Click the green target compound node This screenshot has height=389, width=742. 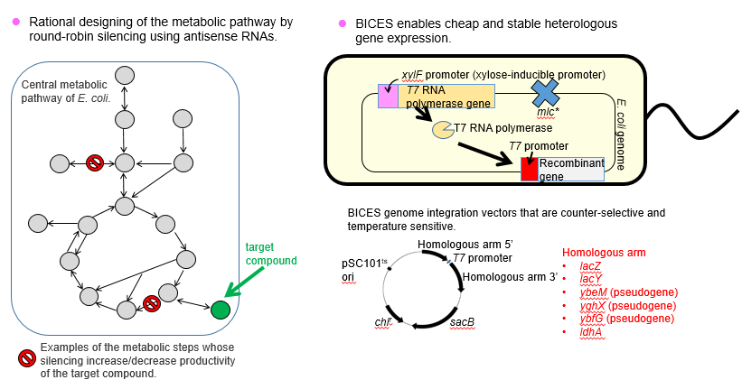pyautogui.click(x=220, y=310)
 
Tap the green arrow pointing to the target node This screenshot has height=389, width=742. pyautogui.click(x=244, y=282)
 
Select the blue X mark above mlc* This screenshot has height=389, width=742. pyautogui.click(x=546, y=93)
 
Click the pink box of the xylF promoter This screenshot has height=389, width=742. pyautogui.click(x=388, y=96)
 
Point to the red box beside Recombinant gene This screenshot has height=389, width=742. pyautogui.click(x=530, y=169)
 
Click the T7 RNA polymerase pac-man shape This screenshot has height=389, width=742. pyautogui.click(x=443, y=130)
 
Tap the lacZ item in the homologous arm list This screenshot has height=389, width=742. pyautogui.click(x=590, y=266)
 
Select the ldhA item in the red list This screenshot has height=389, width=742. pyautogui.click(x=591, y=332)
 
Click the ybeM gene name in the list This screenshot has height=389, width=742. pyautogui.click(x=593, y=292)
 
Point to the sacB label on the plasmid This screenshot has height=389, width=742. pyautogui.click(x=462, y=322)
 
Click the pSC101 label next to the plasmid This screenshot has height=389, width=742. pyautogui.click(x=364, y=264)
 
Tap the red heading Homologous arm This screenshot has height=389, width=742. pyautogui.click(x=604, y=253)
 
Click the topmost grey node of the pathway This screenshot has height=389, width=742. pyautogui.click(x=125, y=76)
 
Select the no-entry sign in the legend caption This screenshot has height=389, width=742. pyautogui.click(x=27, y=358)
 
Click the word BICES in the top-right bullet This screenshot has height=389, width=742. pyautogui.click(x=374, y=23)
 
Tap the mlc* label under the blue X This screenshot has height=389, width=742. pyautogui.click(x=548, y=112)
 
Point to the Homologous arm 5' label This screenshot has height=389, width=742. pyautogui.click(x=465, y=245)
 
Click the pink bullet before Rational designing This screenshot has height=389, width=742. pyautogui.click(x=16, y=22)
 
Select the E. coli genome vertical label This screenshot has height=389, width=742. pyautogui.click(x=620, y=134)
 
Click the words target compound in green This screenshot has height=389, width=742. pyautogui.click(x=271, y=254)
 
